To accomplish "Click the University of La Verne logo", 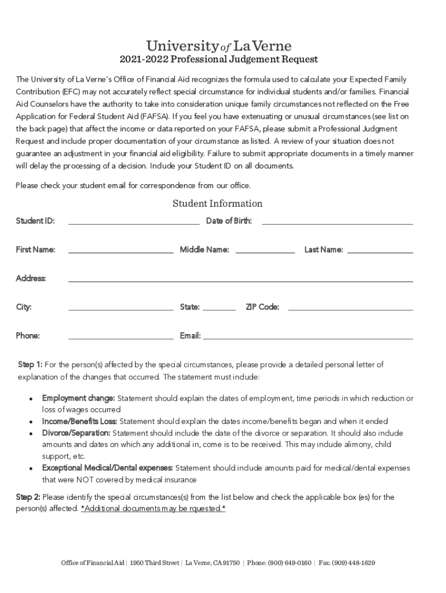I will [219, 46].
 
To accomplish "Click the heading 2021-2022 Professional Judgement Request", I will [219, 60].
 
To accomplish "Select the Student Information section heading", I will [217, 203].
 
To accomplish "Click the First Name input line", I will [120, 251].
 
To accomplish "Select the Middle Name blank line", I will [265, 251].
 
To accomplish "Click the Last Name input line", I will [379, 251].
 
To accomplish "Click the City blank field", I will [120, 308].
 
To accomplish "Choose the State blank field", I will [220, 308].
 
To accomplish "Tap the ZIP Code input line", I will [350, 308].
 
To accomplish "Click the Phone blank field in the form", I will [120, 336].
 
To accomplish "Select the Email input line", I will [308, 336].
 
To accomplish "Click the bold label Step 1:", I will [30, 365].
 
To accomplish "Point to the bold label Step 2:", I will [28, 497].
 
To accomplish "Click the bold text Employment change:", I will [78, 398].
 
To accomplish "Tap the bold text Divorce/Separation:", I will [76, 433].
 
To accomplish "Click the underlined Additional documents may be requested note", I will [153, 508].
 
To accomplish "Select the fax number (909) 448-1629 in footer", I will [356, 563].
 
